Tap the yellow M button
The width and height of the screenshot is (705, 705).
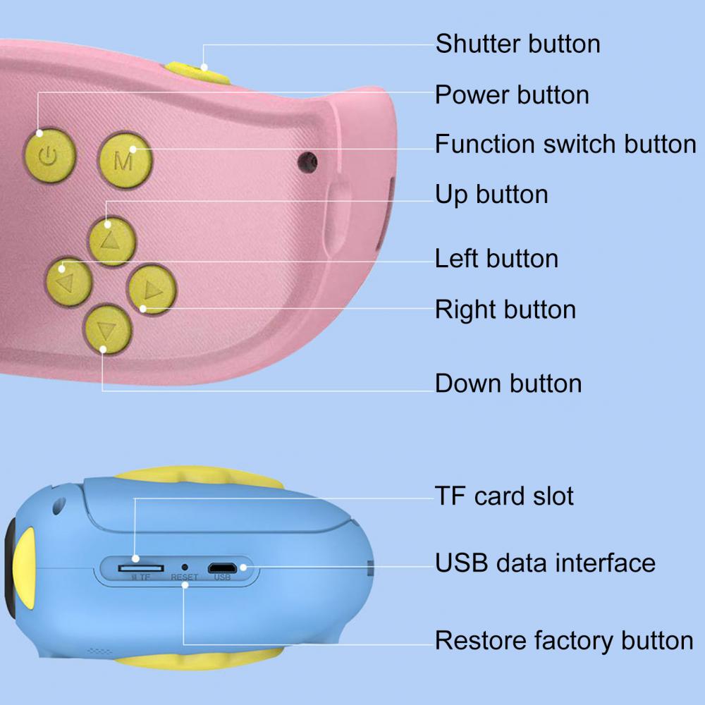(125, 159)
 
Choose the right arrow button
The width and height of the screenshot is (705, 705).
(151, 289)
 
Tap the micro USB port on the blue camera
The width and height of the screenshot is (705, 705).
(222, 567)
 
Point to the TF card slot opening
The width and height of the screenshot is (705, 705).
(141, 567)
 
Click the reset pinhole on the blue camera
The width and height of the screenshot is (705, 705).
(185, 566)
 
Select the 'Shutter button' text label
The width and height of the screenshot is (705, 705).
(517, 44)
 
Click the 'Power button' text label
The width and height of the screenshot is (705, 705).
(512, 94)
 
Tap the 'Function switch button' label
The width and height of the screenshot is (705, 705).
(565, 145)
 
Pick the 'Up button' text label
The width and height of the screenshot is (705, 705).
(491, 195)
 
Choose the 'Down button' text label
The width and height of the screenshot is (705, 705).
(508, 384)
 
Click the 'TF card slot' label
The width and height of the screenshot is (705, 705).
(504, 496)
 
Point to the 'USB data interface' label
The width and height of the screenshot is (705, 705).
(545, 563)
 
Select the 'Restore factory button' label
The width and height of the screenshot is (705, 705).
(564, 641)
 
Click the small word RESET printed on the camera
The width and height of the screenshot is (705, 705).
(185, 577)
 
